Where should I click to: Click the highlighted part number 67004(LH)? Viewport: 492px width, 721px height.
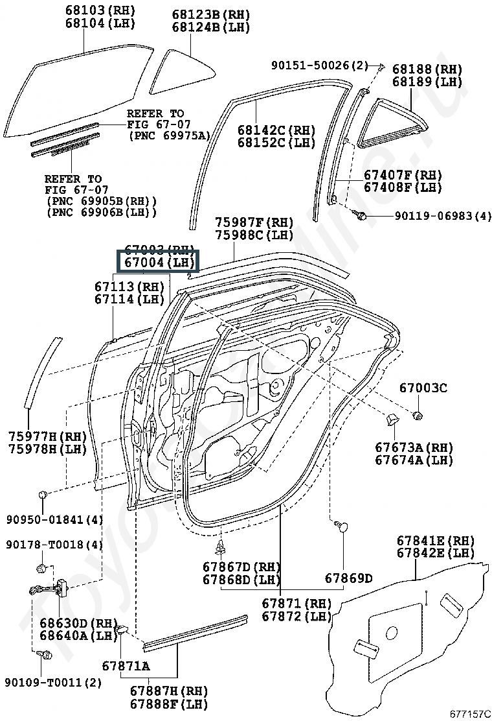click(158, 263)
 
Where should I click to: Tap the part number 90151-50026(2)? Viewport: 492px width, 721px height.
click(319, 65)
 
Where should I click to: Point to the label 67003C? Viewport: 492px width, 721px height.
click(423, 388)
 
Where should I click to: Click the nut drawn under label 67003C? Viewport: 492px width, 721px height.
click(418, 414)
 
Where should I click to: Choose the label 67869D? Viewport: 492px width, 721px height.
click(348, 578)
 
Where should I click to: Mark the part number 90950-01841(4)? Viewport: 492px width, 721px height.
click(55, 519)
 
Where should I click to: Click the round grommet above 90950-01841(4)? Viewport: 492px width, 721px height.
click(43, 496)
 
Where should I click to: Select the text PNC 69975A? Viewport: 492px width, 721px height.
click(170, 136)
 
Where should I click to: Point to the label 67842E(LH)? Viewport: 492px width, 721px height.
click(436, 553)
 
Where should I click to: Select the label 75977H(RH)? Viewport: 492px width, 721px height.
click(47, 436)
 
